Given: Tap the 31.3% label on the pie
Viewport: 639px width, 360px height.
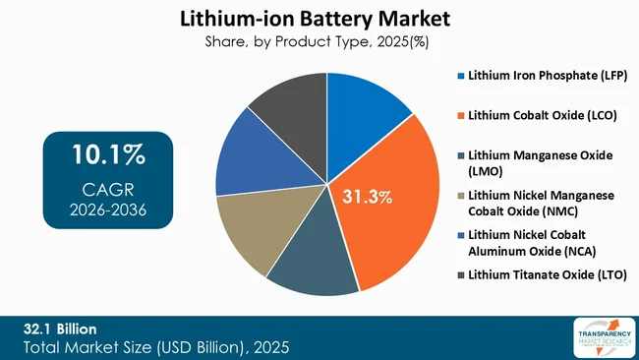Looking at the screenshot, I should (x=367, y=198).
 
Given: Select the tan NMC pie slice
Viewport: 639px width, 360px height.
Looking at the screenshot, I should (x=251, y=231).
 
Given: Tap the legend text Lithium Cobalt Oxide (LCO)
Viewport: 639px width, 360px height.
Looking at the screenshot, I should (x=543, y=115).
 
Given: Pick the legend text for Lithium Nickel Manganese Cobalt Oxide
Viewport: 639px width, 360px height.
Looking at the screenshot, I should (x=543, y=203).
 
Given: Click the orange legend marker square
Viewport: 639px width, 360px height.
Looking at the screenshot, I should (x=460, y=115).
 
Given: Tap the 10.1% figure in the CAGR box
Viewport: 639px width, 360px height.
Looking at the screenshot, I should (x=108, y=155).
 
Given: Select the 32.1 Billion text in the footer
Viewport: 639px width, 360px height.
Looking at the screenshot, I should (x=60, y=328).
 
